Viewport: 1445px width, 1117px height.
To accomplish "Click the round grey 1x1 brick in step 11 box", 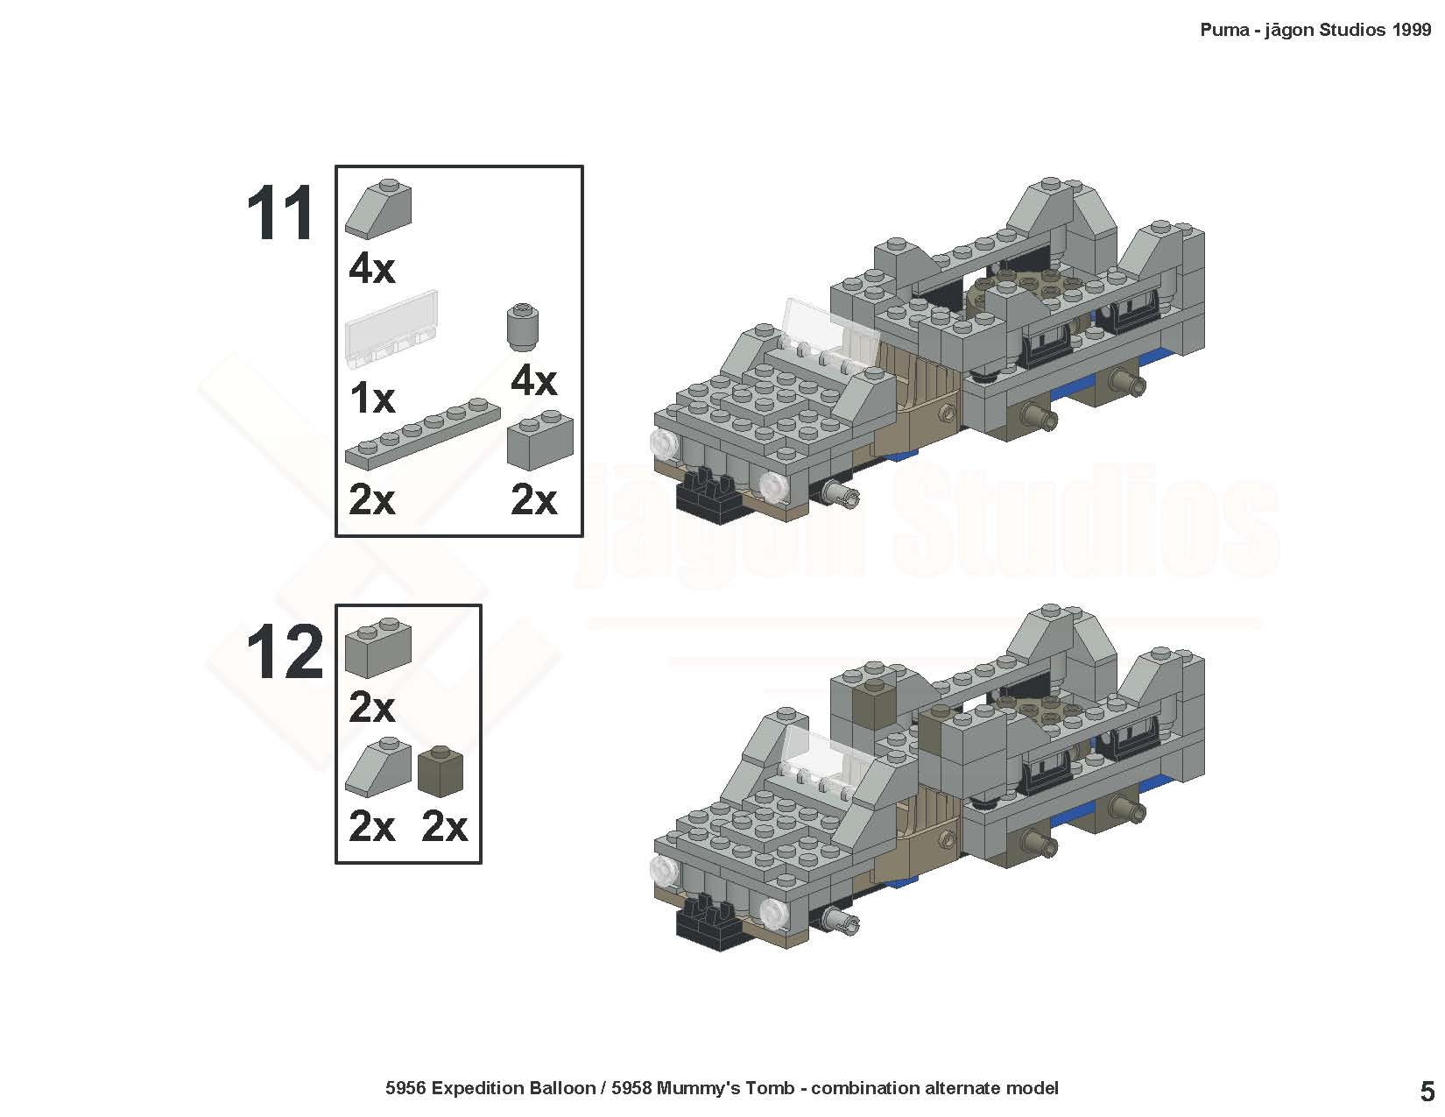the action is tap(523, 326).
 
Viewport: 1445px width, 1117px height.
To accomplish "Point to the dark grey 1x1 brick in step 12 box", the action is tap(441, 771).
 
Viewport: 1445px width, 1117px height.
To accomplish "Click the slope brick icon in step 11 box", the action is tap(378, 209).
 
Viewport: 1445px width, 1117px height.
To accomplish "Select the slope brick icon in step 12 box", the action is tap(378, 767).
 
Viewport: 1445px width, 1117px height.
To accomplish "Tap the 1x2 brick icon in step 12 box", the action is tap(378, 647).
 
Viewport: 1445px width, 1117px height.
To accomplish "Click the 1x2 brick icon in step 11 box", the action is tap(540, 440).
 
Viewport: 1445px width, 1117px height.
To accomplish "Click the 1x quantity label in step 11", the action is tap(371, 399).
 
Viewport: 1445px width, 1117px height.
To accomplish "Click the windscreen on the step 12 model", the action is tap(819, 753).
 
